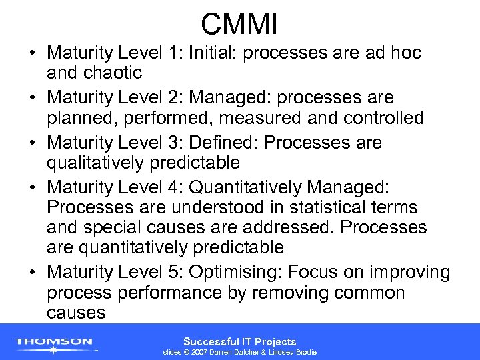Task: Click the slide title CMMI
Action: pos(239,25)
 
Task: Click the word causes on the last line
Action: pos(76,312)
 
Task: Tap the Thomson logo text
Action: pos(55,341)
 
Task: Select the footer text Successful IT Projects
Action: pos(239,341)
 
